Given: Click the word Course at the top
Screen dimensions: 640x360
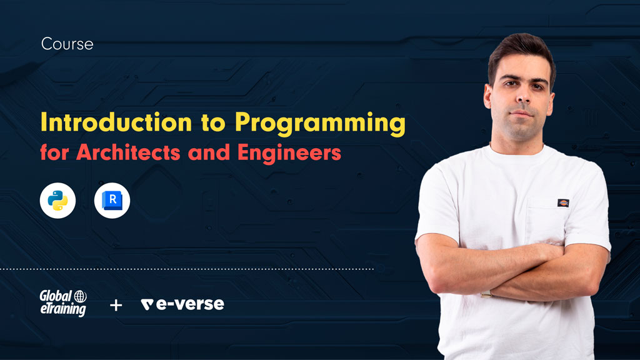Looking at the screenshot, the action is (67, 44).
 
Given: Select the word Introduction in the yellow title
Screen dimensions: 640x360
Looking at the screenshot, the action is (116, 122).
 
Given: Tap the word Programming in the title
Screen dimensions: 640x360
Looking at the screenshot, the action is (321, 124).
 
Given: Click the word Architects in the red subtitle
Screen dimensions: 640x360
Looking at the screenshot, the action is (128, 152).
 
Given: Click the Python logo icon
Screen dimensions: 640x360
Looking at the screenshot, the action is (57, 201).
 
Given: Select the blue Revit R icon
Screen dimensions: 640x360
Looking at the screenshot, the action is (112, 201).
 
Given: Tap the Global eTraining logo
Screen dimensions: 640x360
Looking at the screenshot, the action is (63, 303).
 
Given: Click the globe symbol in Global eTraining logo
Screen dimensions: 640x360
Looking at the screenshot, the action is (80, 296).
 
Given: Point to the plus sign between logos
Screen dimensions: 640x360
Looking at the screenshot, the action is (116, 305).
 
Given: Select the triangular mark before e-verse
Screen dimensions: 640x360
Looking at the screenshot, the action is (147, 304).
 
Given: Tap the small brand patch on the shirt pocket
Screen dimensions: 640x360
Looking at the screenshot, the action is (563, 203).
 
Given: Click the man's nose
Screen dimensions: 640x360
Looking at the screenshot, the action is (523, 95).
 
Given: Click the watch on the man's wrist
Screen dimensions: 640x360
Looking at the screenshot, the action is (486, 294).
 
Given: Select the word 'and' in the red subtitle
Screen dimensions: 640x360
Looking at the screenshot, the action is (209, 152).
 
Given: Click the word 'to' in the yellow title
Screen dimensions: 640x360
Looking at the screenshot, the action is (213, 123).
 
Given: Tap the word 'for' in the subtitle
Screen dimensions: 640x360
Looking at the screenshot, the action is (54, 152).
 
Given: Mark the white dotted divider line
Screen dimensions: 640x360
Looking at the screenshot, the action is (187, 269).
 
